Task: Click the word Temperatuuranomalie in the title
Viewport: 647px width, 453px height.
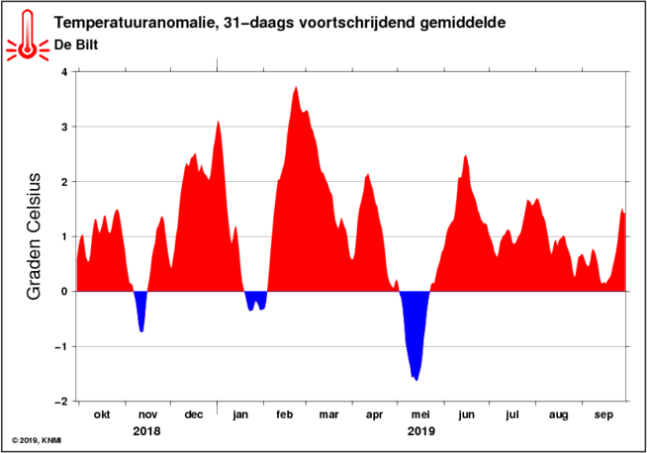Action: coord(135,23)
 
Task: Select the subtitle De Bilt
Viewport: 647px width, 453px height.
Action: coord(76,45)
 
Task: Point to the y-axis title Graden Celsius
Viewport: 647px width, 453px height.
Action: coord(34,236)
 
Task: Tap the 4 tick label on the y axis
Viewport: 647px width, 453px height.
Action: coord(64,72)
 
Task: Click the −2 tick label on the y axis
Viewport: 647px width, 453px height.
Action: coord(61,402)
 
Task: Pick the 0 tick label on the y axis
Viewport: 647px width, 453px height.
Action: coord(64,292)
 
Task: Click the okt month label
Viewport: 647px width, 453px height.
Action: coord(102,414)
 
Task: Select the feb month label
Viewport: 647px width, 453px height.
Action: coord(284,414)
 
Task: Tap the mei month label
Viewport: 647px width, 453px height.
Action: coord(420,414)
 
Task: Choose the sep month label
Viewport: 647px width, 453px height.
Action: coord(603,415)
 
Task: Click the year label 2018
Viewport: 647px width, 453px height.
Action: coord(146,431)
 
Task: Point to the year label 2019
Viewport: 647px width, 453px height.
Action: coord(420,431)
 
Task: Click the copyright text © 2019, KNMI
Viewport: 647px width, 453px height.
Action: coord(37,441)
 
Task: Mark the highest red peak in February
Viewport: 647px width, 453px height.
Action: coord(296,87)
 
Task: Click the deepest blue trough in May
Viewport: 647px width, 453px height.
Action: coord(416,380)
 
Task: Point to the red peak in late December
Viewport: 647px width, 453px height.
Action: coord(218,121)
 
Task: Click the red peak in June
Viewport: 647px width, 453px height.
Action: coord(465,155)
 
